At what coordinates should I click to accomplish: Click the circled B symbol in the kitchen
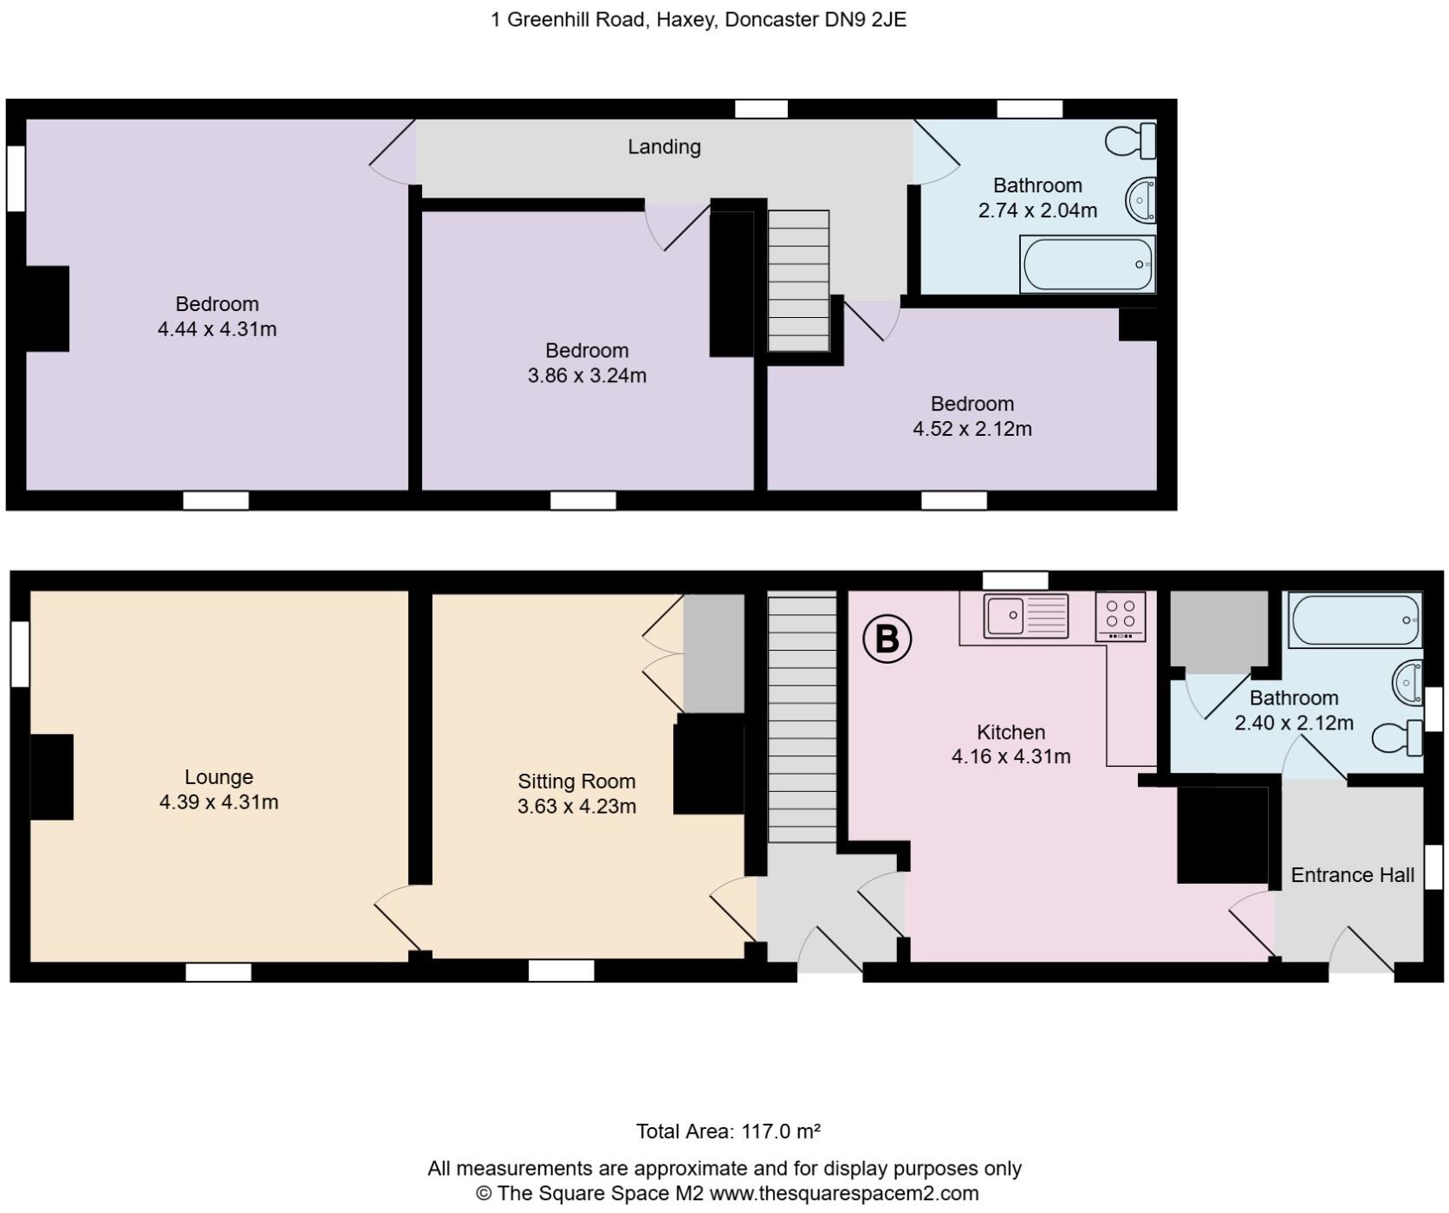[887, 639]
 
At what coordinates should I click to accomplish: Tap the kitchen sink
[1025, 616]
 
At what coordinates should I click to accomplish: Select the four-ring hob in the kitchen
[1120, 616]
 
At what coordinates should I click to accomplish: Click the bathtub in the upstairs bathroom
[1088, 264]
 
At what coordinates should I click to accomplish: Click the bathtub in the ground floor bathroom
[1354, 619]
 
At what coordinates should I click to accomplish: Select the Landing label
[664, 146]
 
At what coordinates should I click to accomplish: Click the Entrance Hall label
[1352, 875]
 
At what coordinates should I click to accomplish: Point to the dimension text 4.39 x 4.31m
[218, 802]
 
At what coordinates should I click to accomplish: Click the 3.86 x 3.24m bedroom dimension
[587, 376]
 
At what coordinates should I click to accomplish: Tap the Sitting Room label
[576, 782]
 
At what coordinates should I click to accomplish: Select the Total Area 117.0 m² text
[728, 1131]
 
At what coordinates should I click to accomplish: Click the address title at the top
[699, 19]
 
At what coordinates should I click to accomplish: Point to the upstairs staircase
[798, 281]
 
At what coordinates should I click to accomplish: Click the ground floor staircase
[802, 717]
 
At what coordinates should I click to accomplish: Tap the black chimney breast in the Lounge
[52, 776]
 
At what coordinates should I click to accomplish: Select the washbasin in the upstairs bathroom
[1141, 200]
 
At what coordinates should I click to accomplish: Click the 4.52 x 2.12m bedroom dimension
[971, 429]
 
